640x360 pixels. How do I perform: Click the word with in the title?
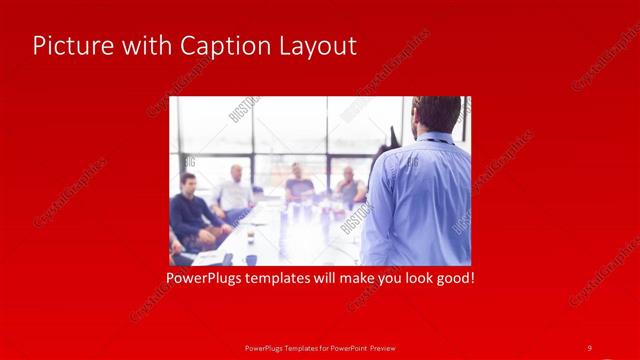[x=143, y=46]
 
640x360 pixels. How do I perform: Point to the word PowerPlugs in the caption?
[x=208, y=277]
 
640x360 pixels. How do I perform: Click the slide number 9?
[x=589, y=347]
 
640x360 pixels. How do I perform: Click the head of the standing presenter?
[x=437, y=115]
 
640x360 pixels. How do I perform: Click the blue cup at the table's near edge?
[x=250, y=258]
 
